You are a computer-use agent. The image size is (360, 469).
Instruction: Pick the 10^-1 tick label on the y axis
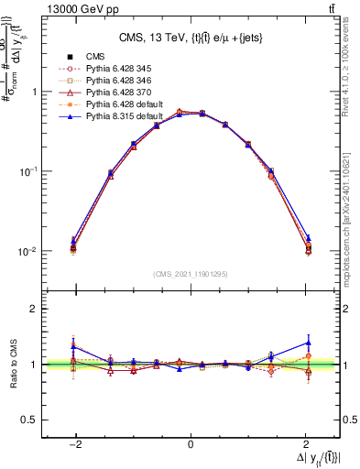tap(24, 172)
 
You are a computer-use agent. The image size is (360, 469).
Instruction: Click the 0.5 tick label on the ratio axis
tap(27, 420)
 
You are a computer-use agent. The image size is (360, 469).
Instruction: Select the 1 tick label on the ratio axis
tap(32, 365)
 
